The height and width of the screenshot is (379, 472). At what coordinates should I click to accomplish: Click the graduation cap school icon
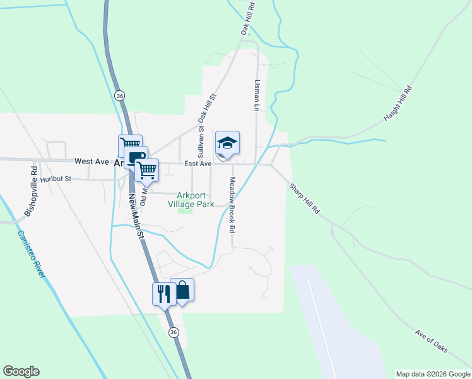(228, 143)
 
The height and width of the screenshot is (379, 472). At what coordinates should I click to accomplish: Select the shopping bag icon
(182, 291)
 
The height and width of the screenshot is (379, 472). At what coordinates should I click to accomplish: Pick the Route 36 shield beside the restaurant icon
(174, 332)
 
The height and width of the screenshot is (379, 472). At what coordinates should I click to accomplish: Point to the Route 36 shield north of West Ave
(120, 95)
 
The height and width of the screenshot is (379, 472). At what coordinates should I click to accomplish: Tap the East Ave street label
(198, 164)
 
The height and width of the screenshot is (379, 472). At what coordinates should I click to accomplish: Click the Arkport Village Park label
(194, 199)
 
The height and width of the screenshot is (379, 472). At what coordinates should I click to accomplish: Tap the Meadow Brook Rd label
(232, 205)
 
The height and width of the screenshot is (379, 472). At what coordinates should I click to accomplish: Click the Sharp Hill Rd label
(305, 198)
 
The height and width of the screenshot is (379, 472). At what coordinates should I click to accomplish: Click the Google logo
(21, 371)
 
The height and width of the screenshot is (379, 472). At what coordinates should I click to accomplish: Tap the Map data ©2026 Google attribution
(432, 374)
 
